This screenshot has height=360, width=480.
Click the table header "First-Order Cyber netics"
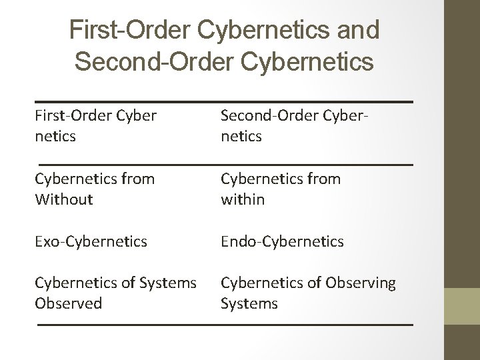(x=96, y=125)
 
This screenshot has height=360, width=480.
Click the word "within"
(x=243, y=199)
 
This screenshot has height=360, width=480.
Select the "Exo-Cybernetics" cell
(x=91, y=241)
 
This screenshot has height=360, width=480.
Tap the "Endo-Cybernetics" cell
(x=283, y=241)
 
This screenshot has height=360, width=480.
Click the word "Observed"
(x=69, y=303)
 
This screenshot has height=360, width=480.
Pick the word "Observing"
(x=361, y=283)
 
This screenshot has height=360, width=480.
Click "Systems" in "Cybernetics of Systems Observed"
(x=169, y=283)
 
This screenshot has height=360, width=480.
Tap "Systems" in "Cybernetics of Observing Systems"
(x=249, y=303)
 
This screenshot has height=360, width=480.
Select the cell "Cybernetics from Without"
(x=95, y=189)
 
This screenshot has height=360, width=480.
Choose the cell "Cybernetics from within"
(x=281, y=189)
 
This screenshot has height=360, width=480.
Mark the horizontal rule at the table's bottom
(x=225, y=325)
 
